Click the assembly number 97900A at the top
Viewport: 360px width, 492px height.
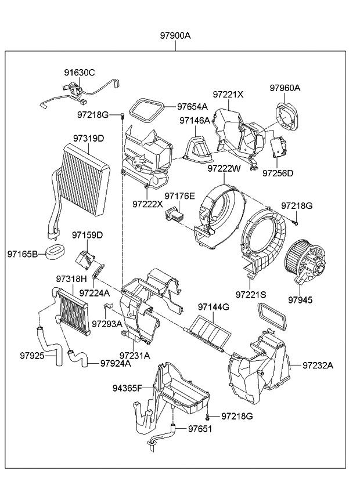[175, 35]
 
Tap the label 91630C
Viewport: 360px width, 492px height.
[80, 73]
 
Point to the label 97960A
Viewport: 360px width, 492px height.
[285, 88]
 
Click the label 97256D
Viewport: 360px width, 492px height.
[278, 173]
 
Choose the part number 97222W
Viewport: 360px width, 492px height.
[224, 169]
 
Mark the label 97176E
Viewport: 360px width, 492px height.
[179, 196]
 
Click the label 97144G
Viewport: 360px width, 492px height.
[213, 306]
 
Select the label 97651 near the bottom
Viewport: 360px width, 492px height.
[200, 429]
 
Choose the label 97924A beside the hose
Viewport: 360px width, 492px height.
[116, 364]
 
